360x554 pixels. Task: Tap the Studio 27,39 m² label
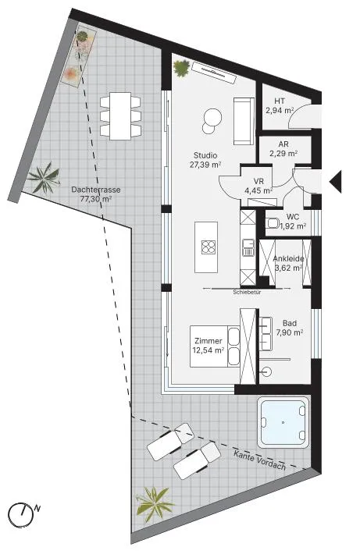[x=205, y=160]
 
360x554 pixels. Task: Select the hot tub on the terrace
[x=283, y=423]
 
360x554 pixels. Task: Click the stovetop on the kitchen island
[x=209, y=247]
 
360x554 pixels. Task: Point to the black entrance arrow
[x=336, y=182]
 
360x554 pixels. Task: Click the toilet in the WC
[x=273, y=223]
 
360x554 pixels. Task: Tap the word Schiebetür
[x=248, y=292]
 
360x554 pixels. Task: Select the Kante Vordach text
[x=259, y=460]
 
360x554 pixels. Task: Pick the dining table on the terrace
[x=120, y=116]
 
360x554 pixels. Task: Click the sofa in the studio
[x=244, y=121]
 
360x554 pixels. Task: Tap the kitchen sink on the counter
[x=248, y=247]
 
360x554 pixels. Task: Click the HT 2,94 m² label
[x=280, y=106]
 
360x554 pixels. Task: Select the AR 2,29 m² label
[x=283, y=149]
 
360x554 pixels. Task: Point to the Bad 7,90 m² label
[x=290, y=328]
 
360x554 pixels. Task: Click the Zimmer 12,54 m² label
[x=209, y=346]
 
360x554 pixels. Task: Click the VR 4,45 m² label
[x=258, y=186]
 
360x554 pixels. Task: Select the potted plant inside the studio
[x=181, y=68]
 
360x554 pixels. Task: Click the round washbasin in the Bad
[x=267, y=371]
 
